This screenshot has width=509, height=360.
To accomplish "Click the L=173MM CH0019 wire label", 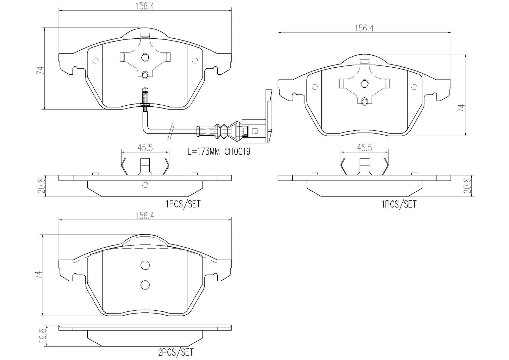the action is [219, 151].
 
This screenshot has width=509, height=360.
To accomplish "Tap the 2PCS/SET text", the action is [176, 353].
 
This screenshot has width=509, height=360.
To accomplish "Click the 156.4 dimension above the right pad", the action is [364, 28].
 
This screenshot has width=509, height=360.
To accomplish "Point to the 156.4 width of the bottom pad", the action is [145, 216].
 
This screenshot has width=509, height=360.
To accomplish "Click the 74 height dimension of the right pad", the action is [461, 108].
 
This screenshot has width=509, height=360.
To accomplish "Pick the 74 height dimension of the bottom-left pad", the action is [39, 275].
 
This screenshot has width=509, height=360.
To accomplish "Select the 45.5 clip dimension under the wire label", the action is [145, 148].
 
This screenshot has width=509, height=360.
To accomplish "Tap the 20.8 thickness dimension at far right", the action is [467, 186].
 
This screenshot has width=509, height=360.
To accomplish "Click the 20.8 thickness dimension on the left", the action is [41, 186].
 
